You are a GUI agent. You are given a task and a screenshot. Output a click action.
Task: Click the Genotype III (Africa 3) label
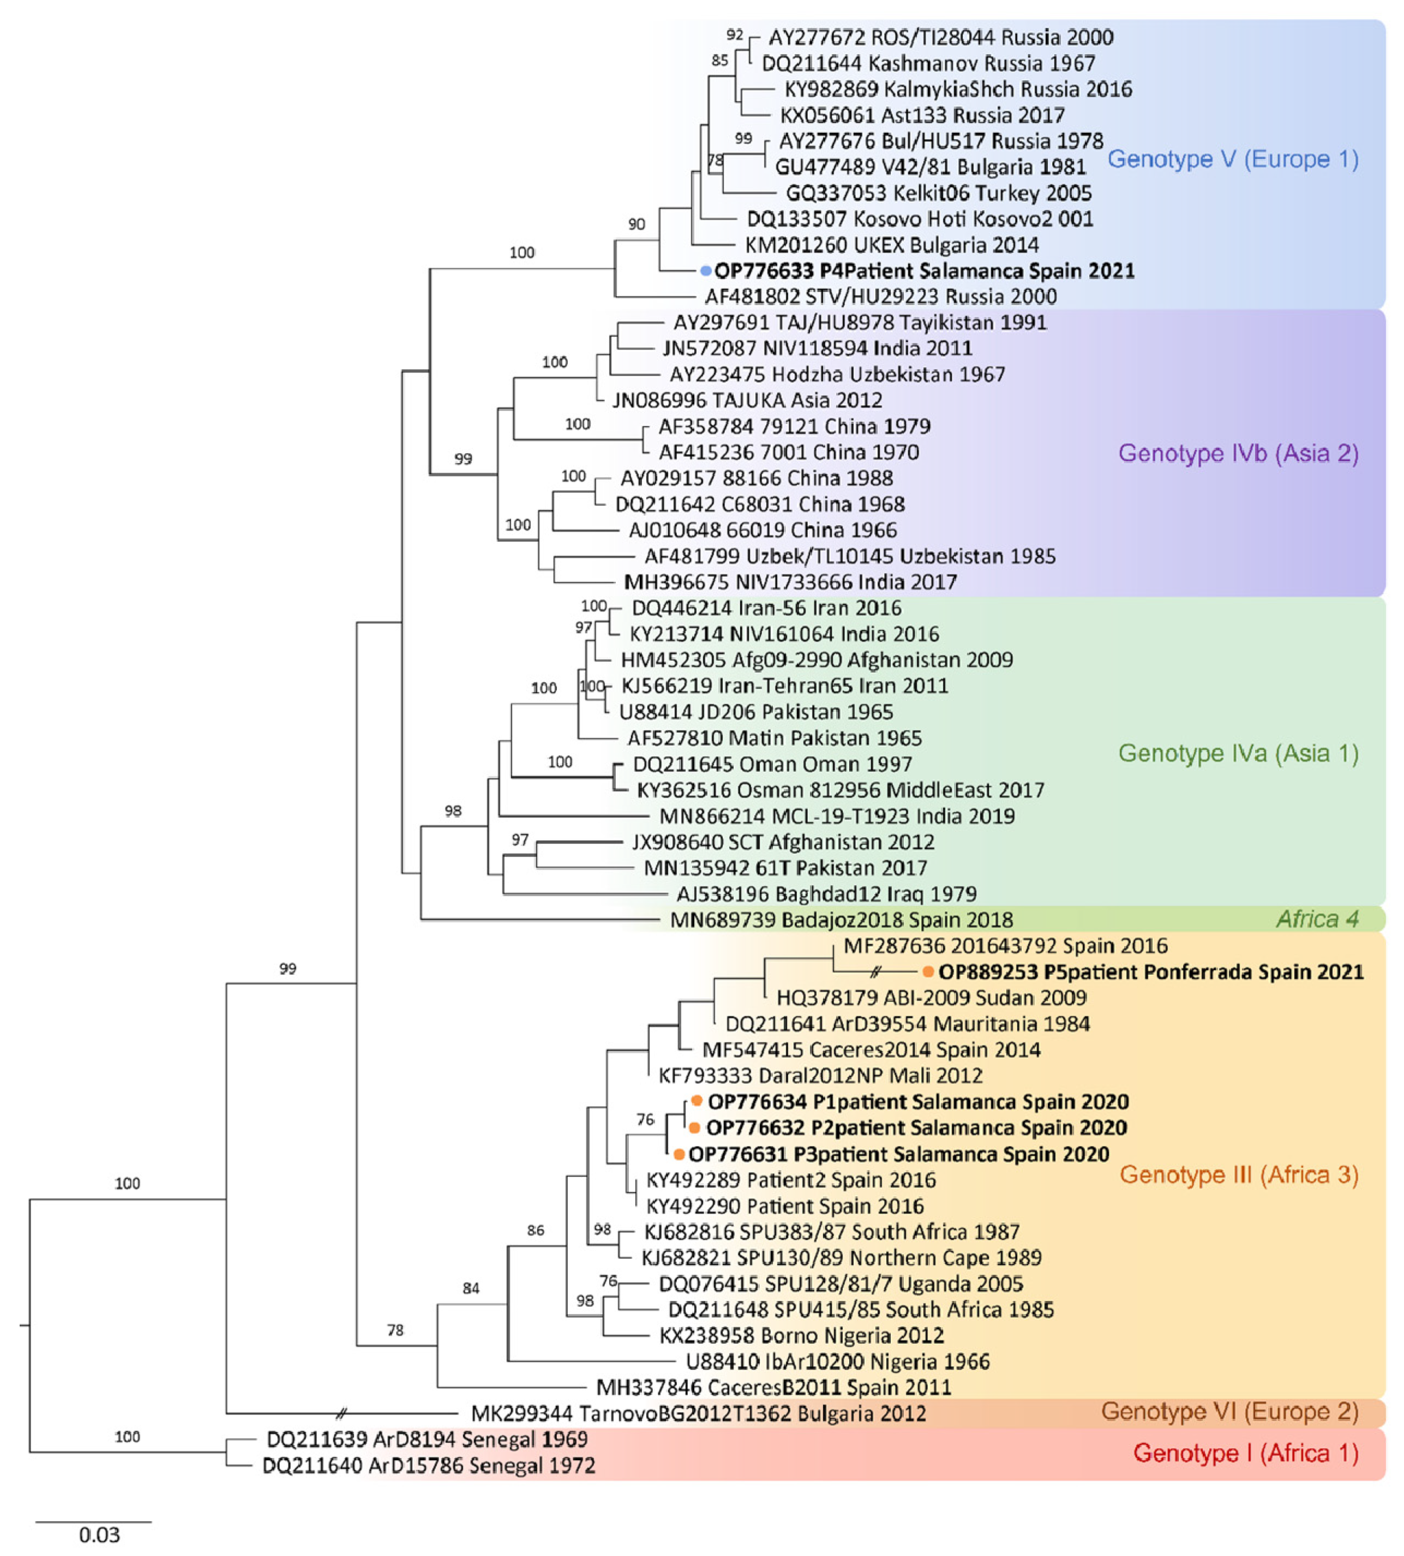pos(1238,1174)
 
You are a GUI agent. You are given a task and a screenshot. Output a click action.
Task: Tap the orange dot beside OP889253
pos(928,972)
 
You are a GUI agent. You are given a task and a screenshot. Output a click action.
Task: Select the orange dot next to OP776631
pos(679,1154)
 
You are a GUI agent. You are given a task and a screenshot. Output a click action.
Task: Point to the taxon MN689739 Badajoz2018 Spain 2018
pos(841,919)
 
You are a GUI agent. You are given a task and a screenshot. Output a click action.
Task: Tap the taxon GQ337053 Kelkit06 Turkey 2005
pos(938,193)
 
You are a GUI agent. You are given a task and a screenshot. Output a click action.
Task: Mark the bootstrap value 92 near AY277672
pos(734,35)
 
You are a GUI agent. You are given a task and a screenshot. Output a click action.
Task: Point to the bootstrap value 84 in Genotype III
pos(471,1288)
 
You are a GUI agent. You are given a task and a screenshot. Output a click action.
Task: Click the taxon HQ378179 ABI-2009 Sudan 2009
pos(931,998)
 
